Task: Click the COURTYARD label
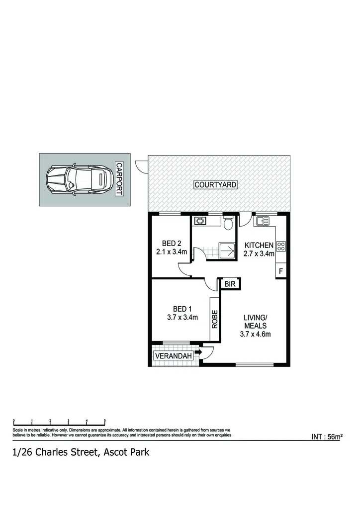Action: click(x=215, y=185)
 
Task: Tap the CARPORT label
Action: click(x=119, y=179)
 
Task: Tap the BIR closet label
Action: click(x=230, y=284)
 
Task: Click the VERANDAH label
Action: click(x=173, y=356)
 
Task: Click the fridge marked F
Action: click(x=281, y=271)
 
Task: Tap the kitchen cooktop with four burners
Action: click(x=281, y=246)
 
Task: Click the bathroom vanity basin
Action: click(x=200, y=221)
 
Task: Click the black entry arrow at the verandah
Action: click(x=197, y=352)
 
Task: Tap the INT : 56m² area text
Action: click(x=327, y=437)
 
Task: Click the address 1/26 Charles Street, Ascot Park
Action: click(x=81, y=452)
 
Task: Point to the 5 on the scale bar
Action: click(x=105, y=421)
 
